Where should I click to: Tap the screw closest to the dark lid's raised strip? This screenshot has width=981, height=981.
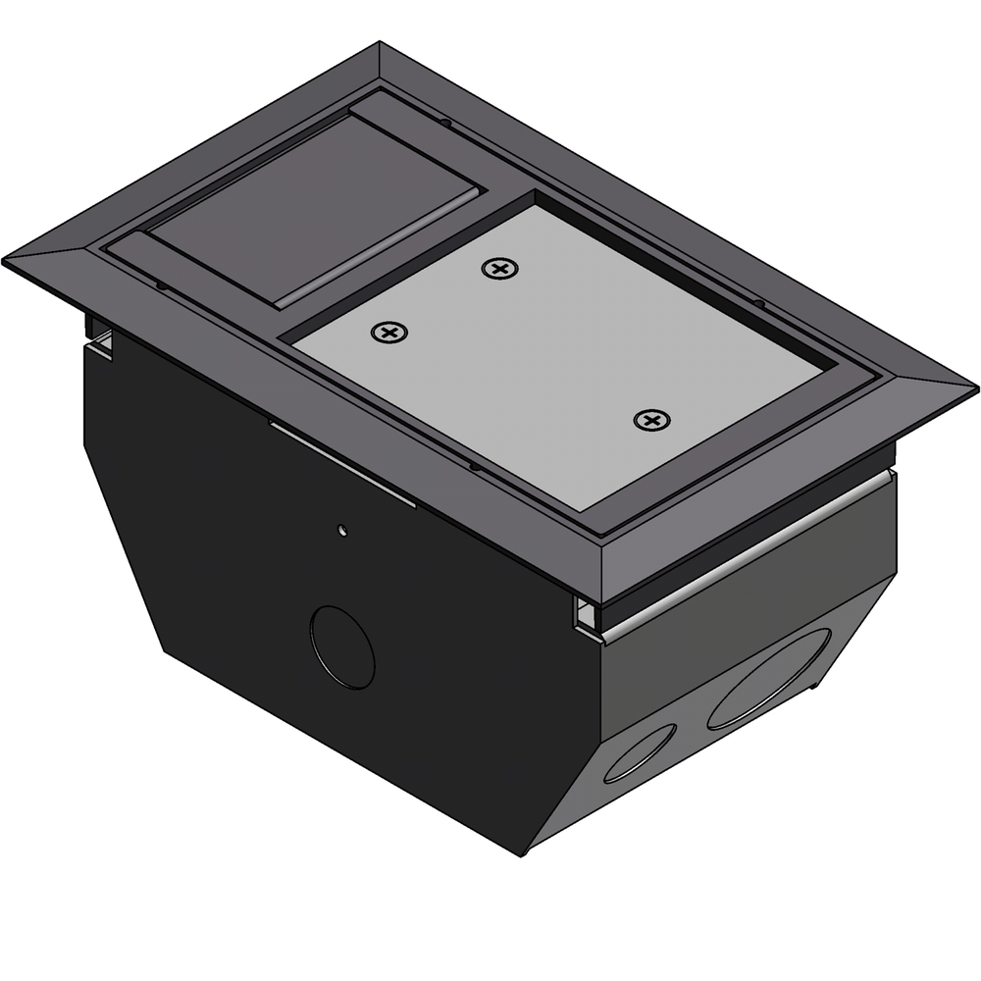(389, 334)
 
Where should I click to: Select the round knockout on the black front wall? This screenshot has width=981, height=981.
(342, 646)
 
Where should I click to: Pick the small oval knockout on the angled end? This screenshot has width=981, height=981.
(641, 752)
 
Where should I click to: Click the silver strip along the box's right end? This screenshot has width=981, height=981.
(746, 554)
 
